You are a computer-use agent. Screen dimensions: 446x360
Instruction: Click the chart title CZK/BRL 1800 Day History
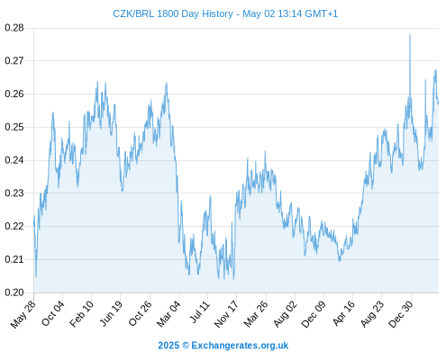173,13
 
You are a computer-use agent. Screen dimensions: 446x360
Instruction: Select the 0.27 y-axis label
14,61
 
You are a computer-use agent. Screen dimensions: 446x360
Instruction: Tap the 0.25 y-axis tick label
14,127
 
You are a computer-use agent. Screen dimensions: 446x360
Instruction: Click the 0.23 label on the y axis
14,193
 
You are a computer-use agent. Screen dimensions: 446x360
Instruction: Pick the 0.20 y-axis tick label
14,292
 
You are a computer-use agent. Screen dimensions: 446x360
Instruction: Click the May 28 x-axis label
23,314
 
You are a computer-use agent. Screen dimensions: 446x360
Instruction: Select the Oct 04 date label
53,313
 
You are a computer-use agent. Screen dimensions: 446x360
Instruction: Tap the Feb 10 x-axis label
81,314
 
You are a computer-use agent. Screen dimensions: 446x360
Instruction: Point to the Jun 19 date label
111,313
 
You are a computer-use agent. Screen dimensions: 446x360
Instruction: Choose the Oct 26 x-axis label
140,313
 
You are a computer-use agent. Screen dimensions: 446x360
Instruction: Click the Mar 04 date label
168,314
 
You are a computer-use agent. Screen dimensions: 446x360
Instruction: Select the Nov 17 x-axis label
226,314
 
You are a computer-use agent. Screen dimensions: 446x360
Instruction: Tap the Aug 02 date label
286,314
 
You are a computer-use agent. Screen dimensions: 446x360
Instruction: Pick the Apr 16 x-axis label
344,313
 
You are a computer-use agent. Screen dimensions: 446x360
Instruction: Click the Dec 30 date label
401,314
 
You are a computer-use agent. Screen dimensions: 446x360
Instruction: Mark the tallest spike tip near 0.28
410,34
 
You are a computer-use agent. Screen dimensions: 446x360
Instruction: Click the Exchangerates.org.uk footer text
240,346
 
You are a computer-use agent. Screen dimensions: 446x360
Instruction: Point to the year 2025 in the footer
168,346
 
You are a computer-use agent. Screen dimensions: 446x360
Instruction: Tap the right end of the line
439,103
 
